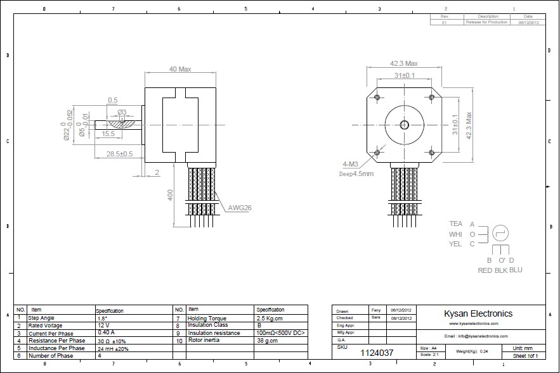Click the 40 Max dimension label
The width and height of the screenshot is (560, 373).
[x=180, y=69]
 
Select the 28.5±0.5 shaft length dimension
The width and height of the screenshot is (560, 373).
[x=119, y=154]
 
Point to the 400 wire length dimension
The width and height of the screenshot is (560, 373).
[x=170, y=195]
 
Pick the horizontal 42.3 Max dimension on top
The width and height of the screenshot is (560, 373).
[x=403, y=63]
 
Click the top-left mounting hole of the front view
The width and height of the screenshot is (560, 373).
[x=377, y=97]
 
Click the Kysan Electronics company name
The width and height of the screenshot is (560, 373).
[x=478, y=313]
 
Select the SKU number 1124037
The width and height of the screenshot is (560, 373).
[x=377, y=352]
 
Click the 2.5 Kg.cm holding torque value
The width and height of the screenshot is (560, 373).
[x=270, y=319]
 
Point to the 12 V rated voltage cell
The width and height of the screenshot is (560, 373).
[x=103, y=325]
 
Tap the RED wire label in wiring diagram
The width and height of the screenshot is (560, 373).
[x=485, y=270]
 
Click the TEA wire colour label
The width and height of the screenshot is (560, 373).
[x=455, y=224]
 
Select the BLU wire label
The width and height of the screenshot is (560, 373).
[x=516, y=270]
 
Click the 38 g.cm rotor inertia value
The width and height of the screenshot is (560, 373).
[x=267, y=340]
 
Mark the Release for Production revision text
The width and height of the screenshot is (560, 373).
[x=487, y=22]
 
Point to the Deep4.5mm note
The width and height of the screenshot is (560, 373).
[x=356, y=174]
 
